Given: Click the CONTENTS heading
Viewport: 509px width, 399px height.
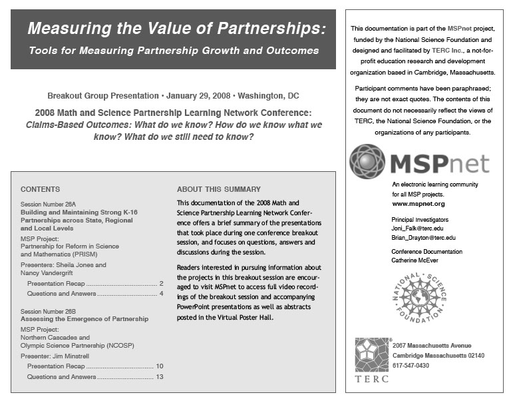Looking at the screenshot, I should [x=40, y=189].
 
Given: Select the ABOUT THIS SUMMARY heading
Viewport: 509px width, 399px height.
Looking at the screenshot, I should [x=218, y=189].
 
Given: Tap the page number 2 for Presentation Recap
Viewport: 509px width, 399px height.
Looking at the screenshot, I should [x=161, y=283].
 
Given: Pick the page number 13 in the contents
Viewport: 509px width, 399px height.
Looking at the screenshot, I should [x=159, y=377].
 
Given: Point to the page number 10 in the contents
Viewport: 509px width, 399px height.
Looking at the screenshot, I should [x=159, y=366].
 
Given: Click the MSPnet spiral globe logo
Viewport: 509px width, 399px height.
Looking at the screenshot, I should [x=367, y=161].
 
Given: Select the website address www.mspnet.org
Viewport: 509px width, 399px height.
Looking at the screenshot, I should [x=418, y=203].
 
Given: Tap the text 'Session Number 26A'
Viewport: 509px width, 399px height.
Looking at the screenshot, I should [x=49, y=203].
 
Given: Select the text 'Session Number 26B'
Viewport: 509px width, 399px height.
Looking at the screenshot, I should [x=49, y=311].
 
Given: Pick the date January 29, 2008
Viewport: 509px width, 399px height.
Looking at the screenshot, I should [x=194, y=95].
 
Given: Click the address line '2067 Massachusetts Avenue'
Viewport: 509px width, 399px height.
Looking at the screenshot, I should [x=432, y=346].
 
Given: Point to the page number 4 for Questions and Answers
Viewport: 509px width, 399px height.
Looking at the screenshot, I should [x=161, y=294].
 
